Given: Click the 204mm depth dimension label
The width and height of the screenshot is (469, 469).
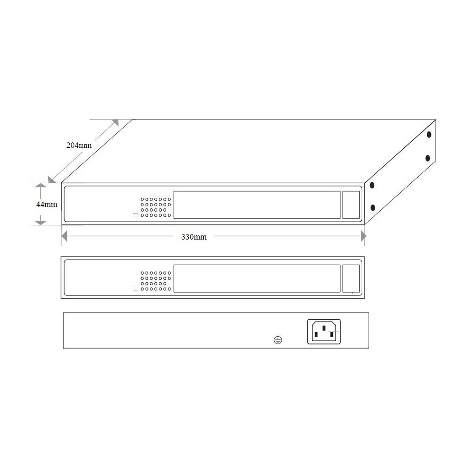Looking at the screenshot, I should coord(79,146).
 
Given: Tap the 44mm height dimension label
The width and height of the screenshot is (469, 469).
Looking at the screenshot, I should coord(47,204).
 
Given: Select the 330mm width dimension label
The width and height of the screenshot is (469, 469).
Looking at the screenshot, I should coord(194,237).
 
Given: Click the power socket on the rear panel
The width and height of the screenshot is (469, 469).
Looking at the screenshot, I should coord(324,332).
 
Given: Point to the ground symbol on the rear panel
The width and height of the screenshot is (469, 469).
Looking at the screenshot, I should coord(278,340).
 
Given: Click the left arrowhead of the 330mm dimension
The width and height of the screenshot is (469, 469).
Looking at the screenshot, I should coord(65,236).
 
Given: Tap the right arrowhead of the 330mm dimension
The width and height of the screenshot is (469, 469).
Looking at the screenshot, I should coord(363,236).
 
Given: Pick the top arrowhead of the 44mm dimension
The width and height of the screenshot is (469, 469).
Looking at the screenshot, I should coord(41,186).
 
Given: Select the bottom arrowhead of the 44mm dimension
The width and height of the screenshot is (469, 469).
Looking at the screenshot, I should coord(41,222).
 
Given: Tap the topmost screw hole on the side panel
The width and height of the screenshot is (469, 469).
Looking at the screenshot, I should coord(429,135).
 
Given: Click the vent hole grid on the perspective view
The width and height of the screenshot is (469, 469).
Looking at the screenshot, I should coord(156,207).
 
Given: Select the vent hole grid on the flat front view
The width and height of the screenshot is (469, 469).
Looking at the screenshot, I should coord(156,281).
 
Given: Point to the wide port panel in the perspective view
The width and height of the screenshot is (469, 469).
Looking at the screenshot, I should coord(257,205).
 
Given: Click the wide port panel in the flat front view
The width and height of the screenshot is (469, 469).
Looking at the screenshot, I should coord(257,278).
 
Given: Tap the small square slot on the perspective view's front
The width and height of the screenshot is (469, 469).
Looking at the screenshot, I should coord(351,205).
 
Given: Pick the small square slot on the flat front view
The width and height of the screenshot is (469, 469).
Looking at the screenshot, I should coord(351,278).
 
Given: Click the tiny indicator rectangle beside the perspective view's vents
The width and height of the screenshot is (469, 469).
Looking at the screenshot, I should coord(135,215).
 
